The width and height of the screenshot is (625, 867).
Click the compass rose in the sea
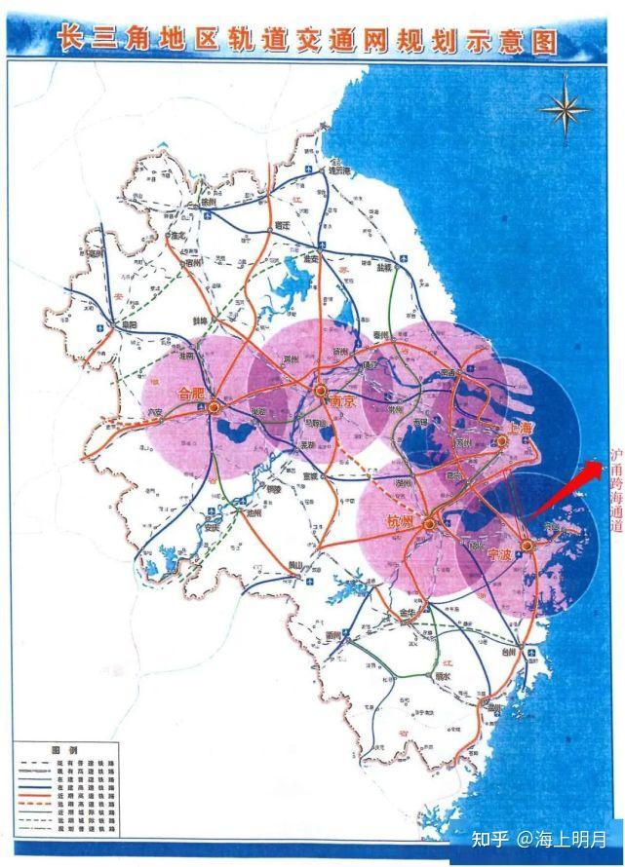click(x=566, y=109)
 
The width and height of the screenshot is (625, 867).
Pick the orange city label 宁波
click(x=499, y=553)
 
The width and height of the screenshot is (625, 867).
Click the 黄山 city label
click(x=295, y=565)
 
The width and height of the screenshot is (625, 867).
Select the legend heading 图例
click(x=64, y=749)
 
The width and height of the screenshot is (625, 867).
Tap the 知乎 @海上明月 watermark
click(x=538, y=838)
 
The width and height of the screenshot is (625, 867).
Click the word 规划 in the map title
click(x=423, y=42)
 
